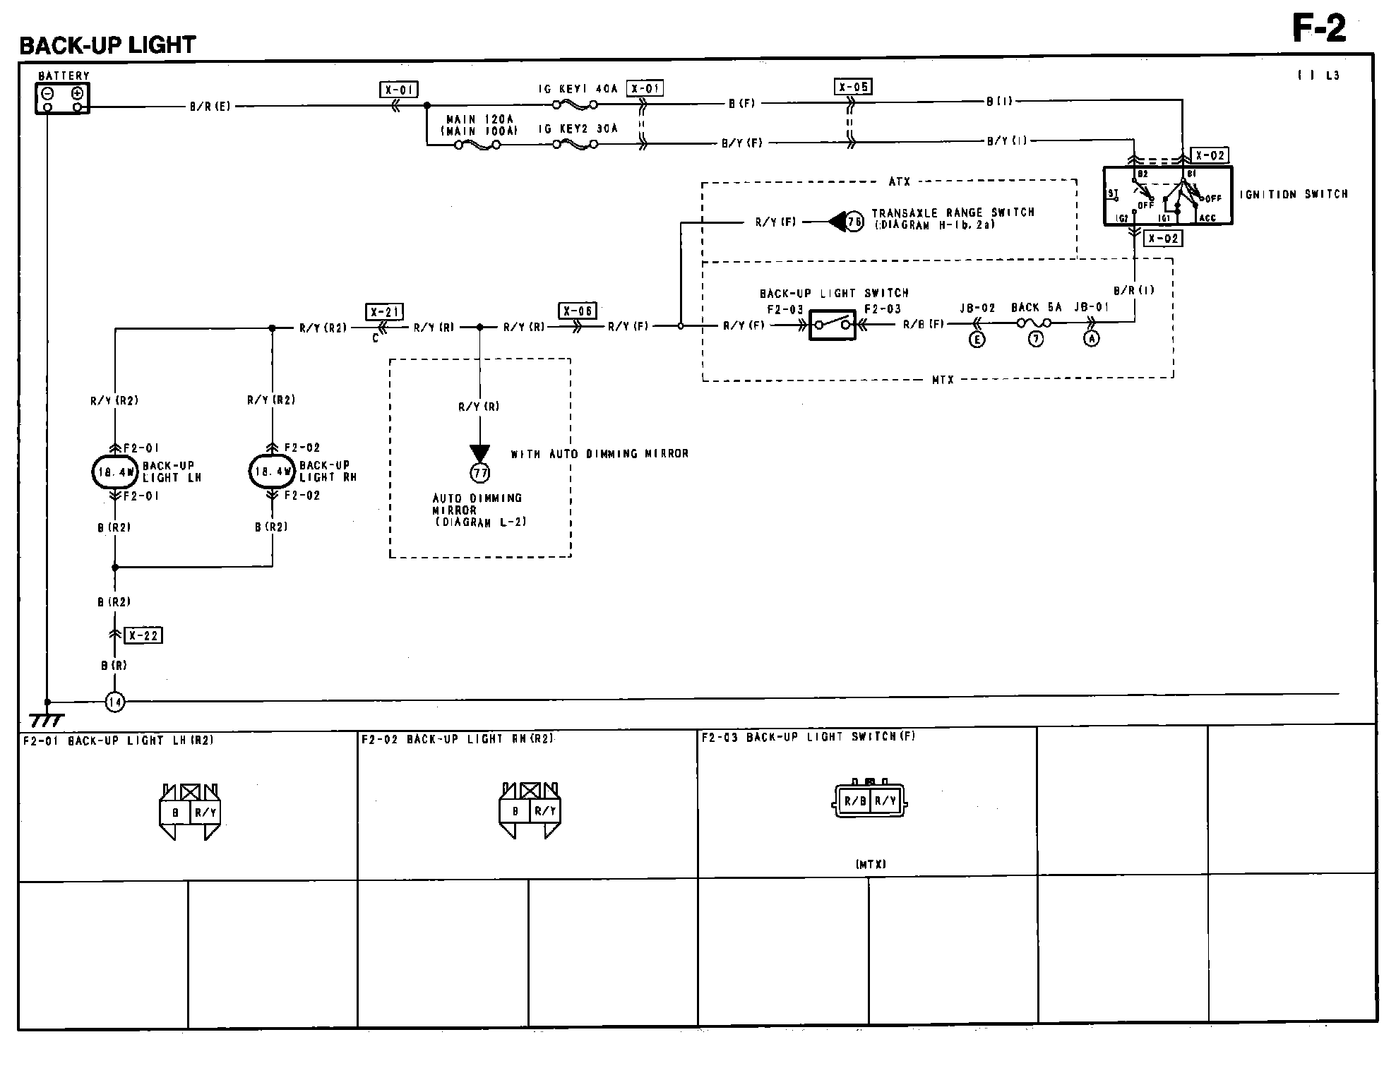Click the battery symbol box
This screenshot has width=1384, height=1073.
point(63,98)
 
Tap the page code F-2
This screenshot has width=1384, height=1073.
point(1318,30)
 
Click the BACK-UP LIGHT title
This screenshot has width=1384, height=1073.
point(107,45)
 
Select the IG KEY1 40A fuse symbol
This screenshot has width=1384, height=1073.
point(575,104)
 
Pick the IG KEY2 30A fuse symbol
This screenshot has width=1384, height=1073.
point(575,145)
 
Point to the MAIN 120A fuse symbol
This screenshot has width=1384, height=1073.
point(477,145)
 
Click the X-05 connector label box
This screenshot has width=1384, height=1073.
point(852,87)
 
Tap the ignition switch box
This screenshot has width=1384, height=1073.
point(1167,196)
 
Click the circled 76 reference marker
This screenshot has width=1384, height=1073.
point(854,222)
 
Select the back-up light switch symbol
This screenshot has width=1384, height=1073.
point(832,325)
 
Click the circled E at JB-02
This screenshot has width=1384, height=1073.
point(977,340)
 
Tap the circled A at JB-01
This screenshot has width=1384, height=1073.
point(1091,339)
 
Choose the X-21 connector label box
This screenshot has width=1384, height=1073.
point(384,312)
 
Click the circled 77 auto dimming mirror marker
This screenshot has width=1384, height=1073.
point(479,473)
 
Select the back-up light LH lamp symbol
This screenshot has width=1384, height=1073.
point(114,472)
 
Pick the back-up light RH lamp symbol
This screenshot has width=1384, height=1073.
point(271,472)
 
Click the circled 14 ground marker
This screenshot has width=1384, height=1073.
point(114,702)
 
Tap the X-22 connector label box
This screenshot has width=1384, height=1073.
point(143,635)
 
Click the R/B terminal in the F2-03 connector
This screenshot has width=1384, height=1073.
point(855,801)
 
